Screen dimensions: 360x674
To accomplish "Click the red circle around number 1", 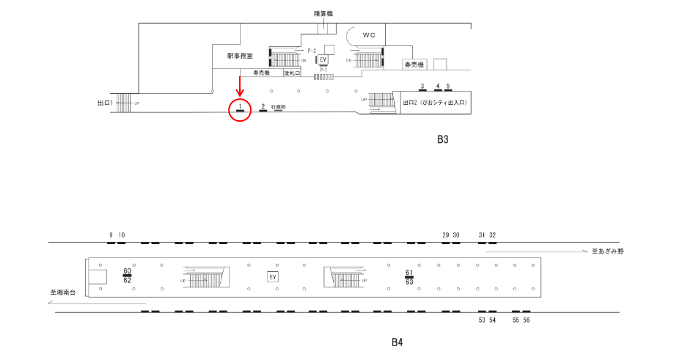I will (240, 109).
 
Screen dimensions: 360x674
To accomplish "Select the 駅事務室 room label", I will (241, 56).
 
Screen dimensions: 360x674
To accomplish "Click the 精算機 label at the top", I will (323, 13).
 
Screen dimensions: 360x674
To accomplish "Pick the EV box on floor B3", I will (322, 59).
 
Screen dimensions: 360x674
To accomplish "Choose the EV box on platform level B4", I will (272, 276).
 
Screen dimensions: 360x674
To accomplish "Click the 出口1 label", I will (106, 103).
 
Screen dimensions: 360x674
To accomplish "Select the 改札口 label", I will (293, 73).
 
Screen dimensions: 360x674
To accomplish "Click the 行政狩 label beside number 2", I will (278, 107).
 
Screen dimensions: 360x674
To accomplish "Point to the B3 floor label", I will (442, 139).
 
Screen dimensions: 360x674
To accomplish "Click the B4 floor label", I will (397, 342).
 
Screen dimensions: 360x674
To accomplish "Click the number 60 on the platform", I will (127, 271).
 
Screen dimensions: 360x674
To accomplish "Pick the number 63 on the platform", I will (409, 282).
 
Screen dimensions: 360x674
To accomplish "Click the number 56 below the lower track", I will (526, 320).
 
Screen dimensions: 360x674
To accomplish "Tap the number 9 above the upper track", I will (111, 235).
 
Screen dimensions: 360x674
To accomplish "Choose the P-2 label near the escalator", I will (312, 50).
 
